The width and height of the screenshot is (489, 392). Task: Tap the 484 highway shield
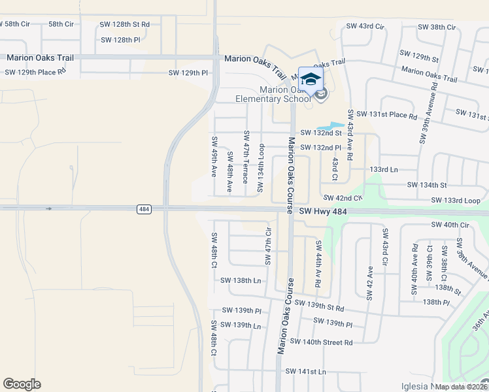point(144,209)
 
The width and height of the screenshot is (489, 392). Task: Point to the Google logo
point(22,384)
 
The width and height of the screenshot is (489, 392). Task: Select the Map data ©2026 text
point(461,387)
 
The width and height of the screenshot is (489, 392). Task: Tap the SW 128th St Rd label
point(124,24)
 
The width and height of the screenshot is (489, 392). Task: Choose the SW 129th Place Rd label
point(35,71)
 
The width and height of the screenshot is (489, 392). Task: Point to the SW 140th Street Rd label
point(321,342)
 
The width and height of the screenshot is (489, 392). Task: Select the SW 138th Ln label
point(241,280)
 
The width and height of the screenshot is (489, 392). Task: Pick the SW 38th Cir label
point(437,27)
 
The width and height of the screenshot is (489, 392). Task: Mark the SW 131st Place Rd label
point(386,116)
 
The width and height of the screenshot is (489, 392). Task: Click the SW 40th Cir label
point(450,225)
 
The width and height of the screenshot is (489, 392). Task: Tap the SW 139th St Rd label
point(328,304)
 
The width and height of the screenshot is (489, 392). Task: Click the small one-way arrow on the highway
point(49,209)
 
